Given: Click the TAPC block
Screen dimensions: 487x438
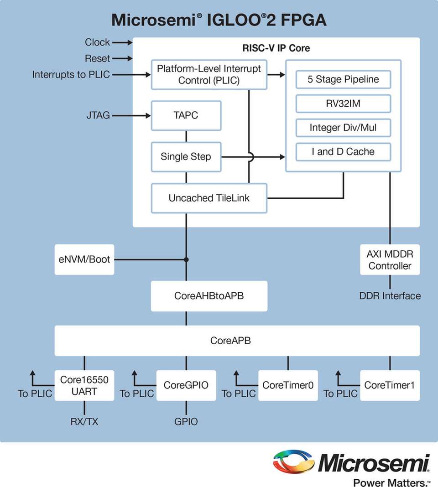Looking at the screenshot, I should pos(186,116).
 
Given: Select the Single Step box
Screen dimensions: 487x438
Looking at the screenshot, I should pos(186,157).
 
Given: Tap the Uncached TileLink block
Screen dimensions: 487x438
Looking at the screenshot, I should pos(209,198).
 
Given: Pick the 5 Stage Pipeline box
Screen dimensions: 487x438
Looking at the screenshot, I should pos(343,79).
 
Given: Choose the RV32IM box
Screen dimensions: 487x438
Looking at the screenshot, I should pos(343,104).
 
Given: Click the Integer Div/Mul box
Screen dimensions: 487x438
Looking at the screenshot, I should pos(343,128).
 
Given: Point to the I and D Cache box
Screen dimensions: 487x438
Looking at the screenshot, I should pos(343,152).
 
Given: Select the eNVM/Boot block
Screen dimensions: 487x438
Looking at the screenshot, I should pos(84,259).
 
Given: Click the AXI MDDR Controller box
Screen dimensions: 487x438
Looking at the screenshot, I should pos(390,259).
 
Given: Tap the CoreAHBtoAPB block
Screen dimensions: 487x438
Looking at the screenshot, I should pos(209,296).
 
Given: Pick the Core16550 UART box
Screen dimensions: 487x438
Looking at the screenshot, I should pos(84,385).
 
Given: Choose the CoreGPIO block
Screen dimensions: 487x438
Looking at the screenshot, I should pos(186,385).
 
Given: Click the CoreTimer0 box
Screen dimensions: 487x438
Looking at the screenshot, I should pos(288,385).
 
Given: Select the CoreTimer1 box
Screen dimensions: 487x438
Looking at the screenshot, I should pos(390,385).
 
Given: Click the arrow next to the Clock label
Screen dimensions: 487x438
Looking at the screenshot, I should pos(122,42).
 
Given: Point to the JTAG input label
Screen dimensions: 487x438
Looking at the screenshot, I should pos(98,116).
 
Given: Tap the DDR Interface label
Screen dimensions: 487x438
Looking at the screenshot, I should pos(390,296).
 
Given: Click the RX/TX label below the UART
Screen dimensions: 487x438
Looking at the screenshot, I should pos(84,422).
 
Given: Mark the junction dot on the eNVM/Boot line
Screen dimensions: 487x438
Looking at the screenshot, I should pos(186,259).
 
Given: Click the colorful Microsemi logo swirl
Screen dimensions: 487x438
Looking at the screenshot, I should pos(293,462).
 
